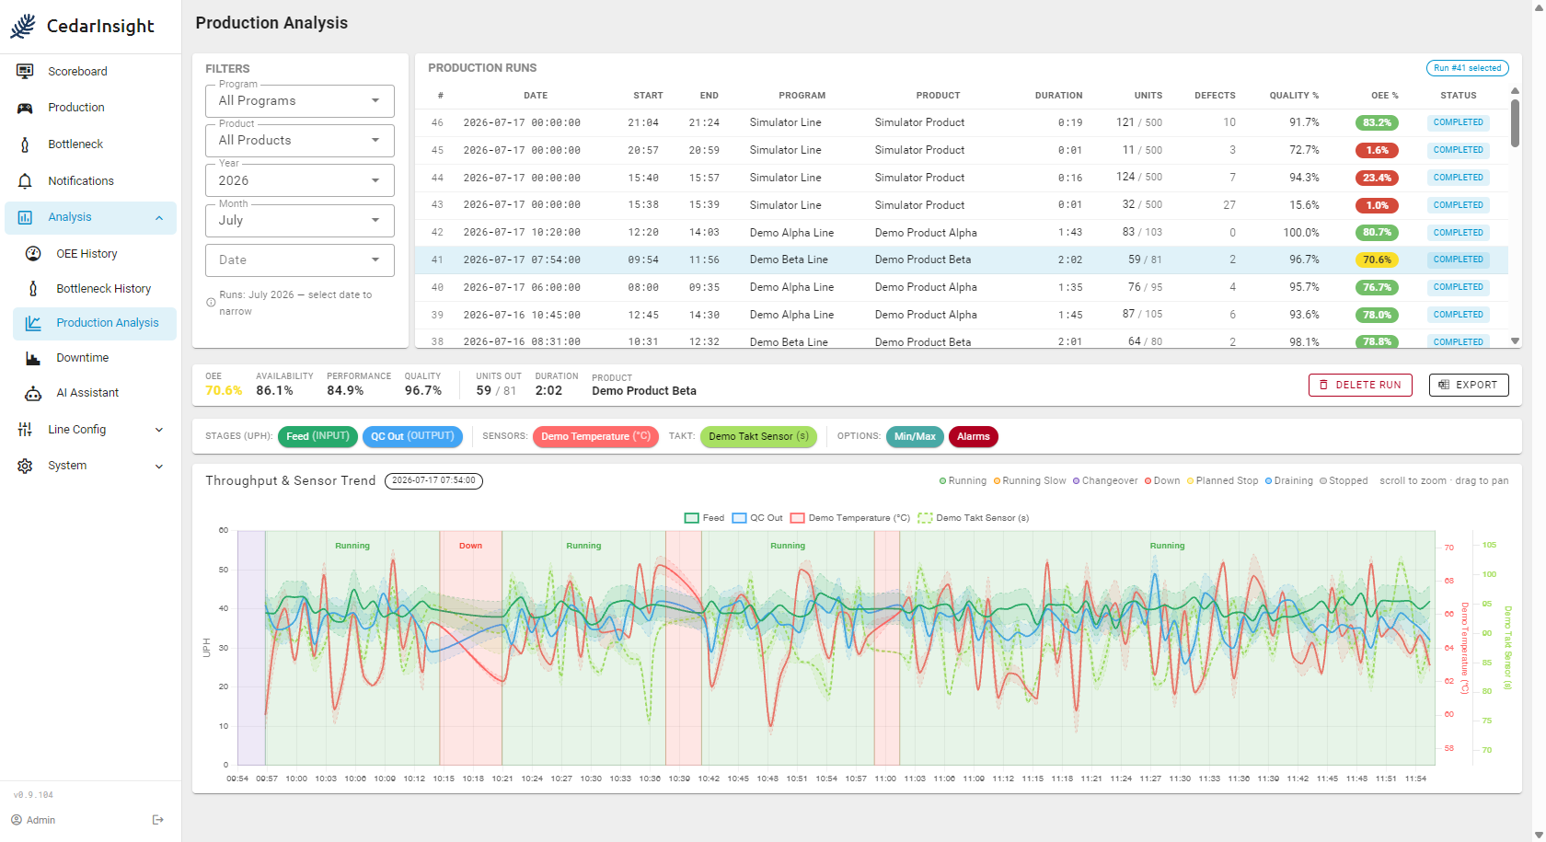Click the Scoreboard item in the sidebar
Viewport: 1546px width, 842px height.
(x=77, y=71)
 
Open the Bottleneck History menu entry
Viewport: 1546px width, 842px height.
(x=103, y=289)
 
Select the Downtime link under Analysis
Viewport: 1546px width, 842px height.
(x=82, y=357)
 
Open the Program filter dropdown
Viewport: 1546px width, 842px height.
(x=300, y=101)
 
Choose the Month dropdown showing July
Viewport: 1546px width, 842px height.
(x=300, y=221)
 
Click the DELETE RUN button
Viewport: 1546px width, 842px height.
(x=1360, y=385)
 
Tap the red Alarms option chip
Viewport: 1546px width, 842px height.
(x=974, y=436)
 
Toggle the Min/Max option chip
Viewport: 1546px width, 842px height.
(x=915, y=436)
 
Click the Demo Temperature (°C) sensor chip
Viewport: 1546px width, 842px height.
(x=595, y=436)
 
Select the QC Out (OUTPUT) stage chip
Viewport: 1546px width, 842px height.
(x=412, y=436)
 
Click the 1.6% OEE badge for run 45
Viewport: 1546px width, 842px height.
(x=1377, y=150)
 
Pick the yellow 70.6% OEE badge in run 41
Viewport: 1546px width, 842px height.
(x=1377, y=260)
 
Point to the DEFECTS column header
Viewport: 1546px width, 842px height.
(x=1215, y=96)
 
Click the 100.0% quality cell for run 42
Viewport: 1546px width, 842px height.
(x=1301, y=233)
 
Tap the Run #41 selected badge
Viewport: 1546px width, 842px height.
(x=1467, y=68)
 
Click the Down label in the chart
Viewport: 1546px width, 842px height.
(x=471, y=545)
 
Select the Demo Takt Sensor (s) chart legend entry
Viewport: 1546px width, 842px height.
(x=974, y=517)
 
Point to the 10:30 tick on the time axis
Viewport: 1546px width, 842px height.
(x=591, y=779)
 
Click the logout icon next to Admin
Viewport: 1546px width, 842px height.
(x=158, y=820)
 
